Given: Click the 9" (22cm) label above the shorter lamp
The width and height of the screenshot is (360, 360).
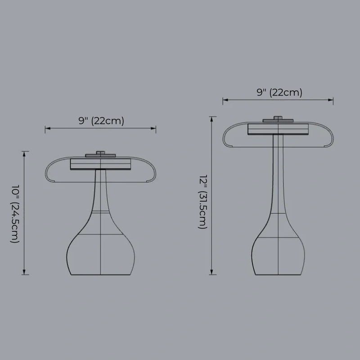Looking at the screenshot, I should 101,121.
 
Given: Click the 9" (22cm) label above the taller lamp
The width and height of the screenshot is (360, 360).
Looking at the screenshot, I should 279,93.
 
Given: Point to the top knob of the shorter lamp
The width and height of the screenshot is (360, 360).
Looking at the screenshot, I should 100,153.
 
